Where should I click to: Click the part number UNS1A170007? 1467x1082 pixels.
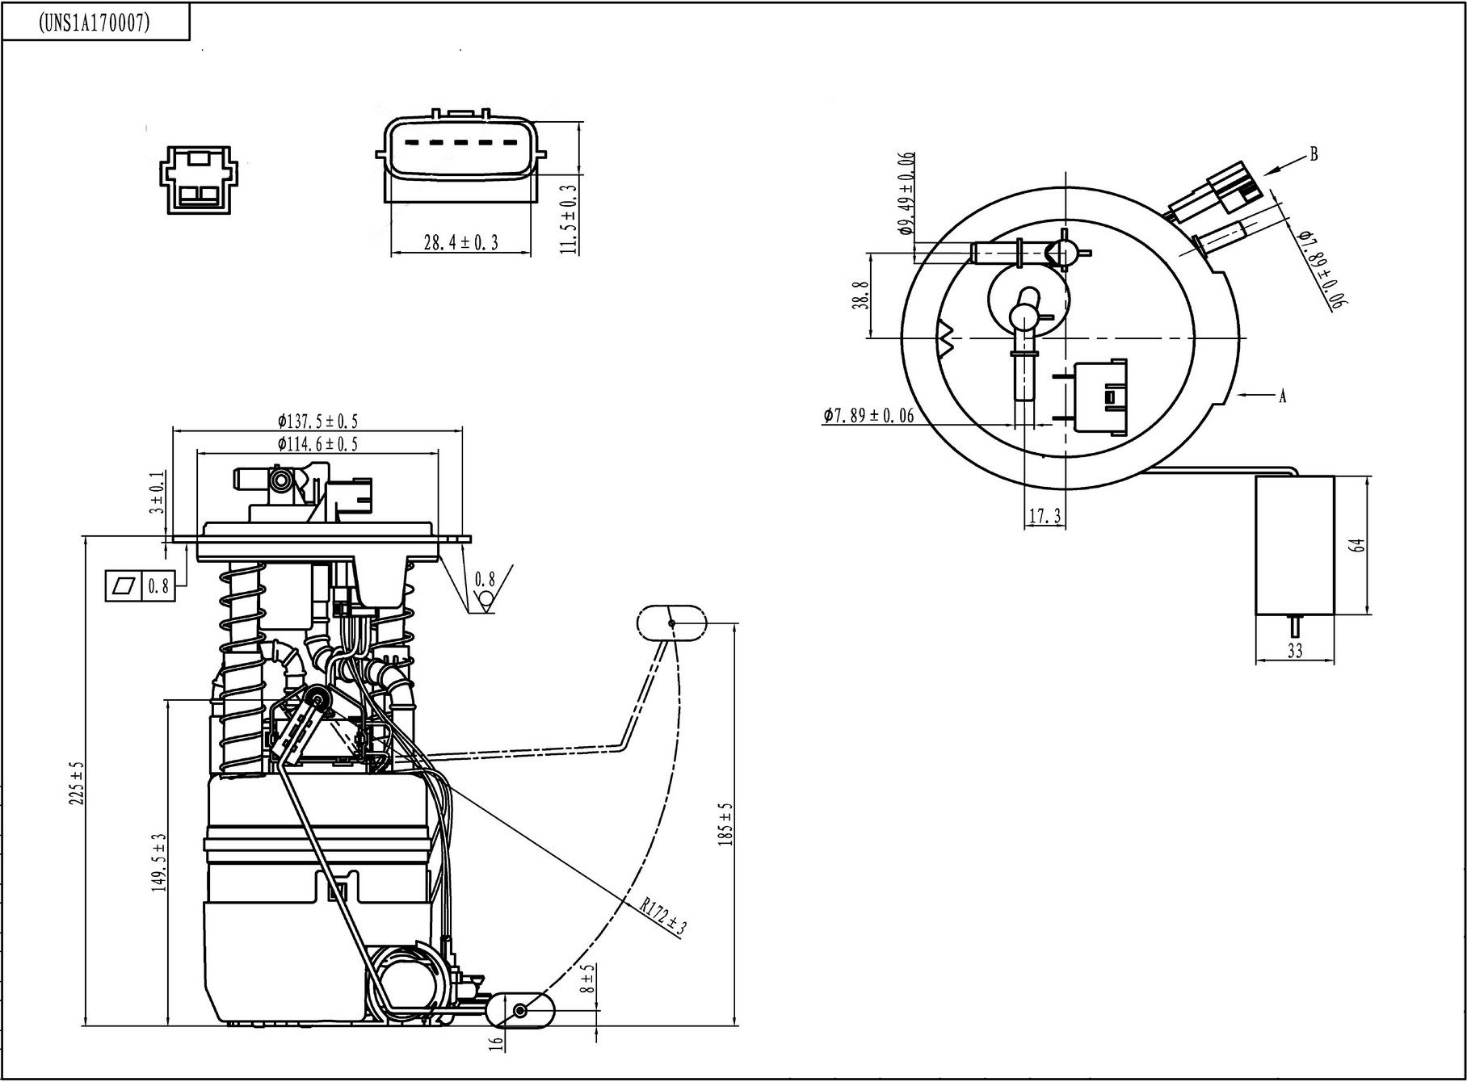click(x=95, y=23)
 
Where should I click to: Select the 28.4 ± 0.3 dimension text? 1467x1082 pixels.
click(x=461, y=241)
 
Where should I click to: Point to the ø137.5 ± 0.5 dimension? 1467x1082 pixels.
click(x=317, y=421)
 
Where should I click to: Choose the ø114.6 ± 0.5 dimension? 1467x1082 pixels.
click(x=317, y=443)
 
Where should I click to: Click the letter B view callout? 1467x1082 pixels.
click(x=1314, y=153)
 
